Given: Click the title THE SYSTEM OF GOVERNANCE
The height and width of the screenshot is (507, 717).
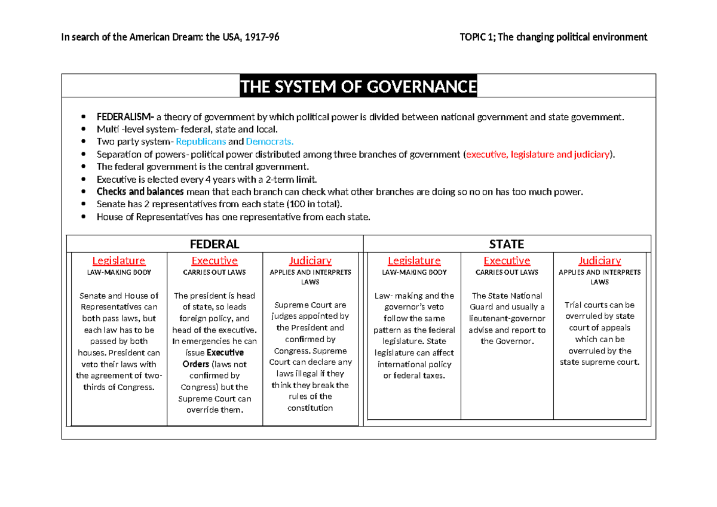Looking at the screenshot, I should [358, 87].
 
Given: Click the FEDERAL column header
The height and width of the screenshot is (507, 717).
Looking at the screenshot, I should [214, 244].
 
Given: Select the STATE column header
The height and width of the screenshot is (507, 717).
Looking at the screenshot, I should [506, 244].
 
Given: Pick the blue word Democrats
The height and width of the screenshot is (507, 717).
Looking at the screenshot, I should [269, 142].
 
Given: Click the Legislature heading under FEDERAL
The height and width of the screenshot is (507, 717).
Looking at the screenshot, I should [118, 260].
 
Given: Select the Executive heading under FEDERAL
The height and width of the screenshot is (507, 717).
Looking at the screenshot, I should [214, 260].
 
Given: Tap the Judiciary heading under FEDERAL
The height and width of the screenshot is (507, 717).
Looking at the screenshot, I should [310, 260].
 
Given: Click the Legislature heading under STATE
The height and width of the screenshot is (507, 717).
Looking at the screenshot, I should [414, 260].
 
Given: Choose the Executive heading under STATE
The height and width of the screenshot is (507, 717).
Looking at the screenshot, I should [507, 260].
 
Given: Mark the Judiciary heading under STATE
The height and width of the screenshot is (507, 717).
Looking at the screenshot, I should [599, 260].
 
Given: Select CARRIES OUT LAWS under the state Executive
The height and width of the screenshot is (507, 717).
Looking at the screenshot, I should [507, 272].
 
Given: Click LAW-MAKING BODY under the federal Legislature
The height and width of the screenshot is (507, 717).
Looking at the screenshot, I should [118, 272].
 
